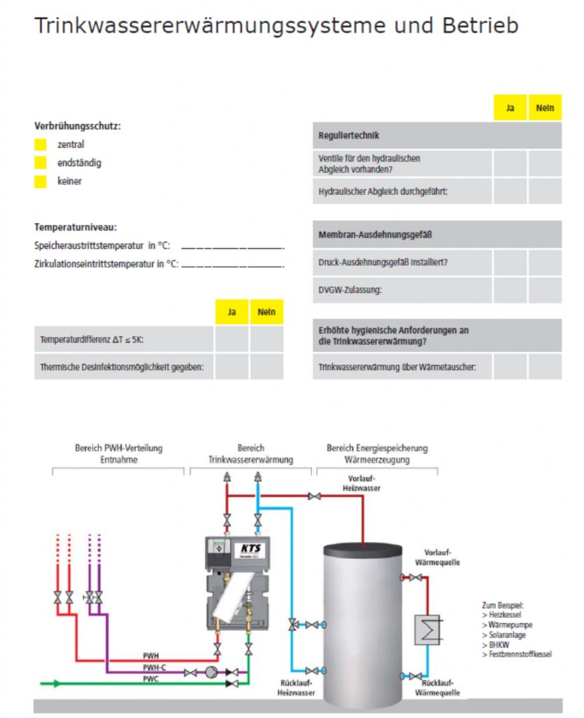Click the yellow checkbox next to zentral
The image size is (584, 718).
(41, 144)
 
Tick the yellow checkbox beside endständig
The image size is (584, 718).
(41, 163)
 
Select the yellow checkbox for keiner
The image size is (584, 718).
(41, 181)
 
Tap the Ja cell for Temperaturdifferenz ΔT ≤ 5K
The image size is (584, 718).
(231, 339)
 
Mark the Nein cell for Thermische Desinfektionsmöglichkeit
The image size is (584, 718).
(266, 366)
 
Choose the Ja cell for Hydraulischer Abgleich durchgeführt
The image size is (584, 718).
(510, 191)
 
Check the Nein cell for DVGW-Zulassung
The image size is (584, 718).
(545, 289)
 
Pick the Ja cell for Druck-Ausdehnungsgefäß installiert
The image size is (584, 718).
(510, 262)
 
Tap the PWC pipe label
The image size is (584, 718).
(151, 679)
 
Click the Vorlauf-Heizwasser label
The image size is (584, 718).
(360, 484)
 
